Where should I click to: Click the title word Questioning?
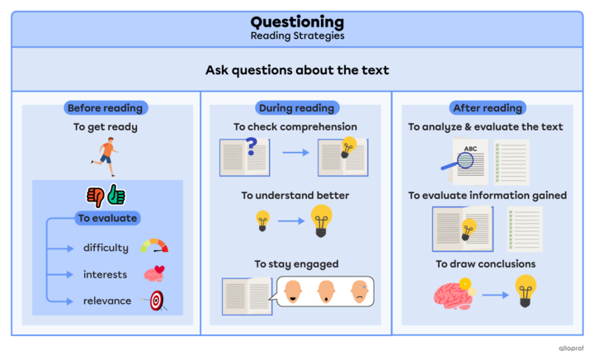pyautogui.click(x=297, y=21)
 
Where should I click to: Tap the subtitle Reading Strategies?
pyautogui.click(x=297, y=36)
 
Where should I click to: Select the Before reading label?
pyautogui.click(x=105, y=108)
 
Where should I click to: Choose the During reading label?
pyautogui.click(x=296, y=108)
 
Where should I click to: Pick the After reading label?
pyautogui.click(x=488, y=108)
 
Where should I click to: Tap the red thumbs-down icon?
pyautogui.click(x=95, y=196)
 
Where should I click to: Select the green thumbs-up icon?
pyautogui.click(x=115, y=196)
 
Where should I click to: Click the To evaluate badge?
pyautogui.click(x=107, y=219)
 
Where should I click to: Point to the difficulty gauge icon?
pyautogui.click(x=154, y=246)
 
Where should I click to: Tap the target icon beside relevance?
pyautogui.click(x=155, y=301)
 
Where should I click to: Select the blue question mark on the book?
pyautogui.click(x=252, y=147)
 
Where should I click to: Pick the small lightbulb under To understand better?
pyautogui.click(x=262, y=220)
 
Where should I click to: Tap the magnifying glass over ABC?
pyautogui.click(x=453, y=168)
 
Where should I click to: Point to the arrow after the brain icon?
pyautogui.click(x=493, y=294)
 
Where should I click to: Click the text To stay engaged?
pyautogui.click(x=296, y=264)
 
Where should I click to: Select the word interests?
pyautogui.click(x=105, y=274)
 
